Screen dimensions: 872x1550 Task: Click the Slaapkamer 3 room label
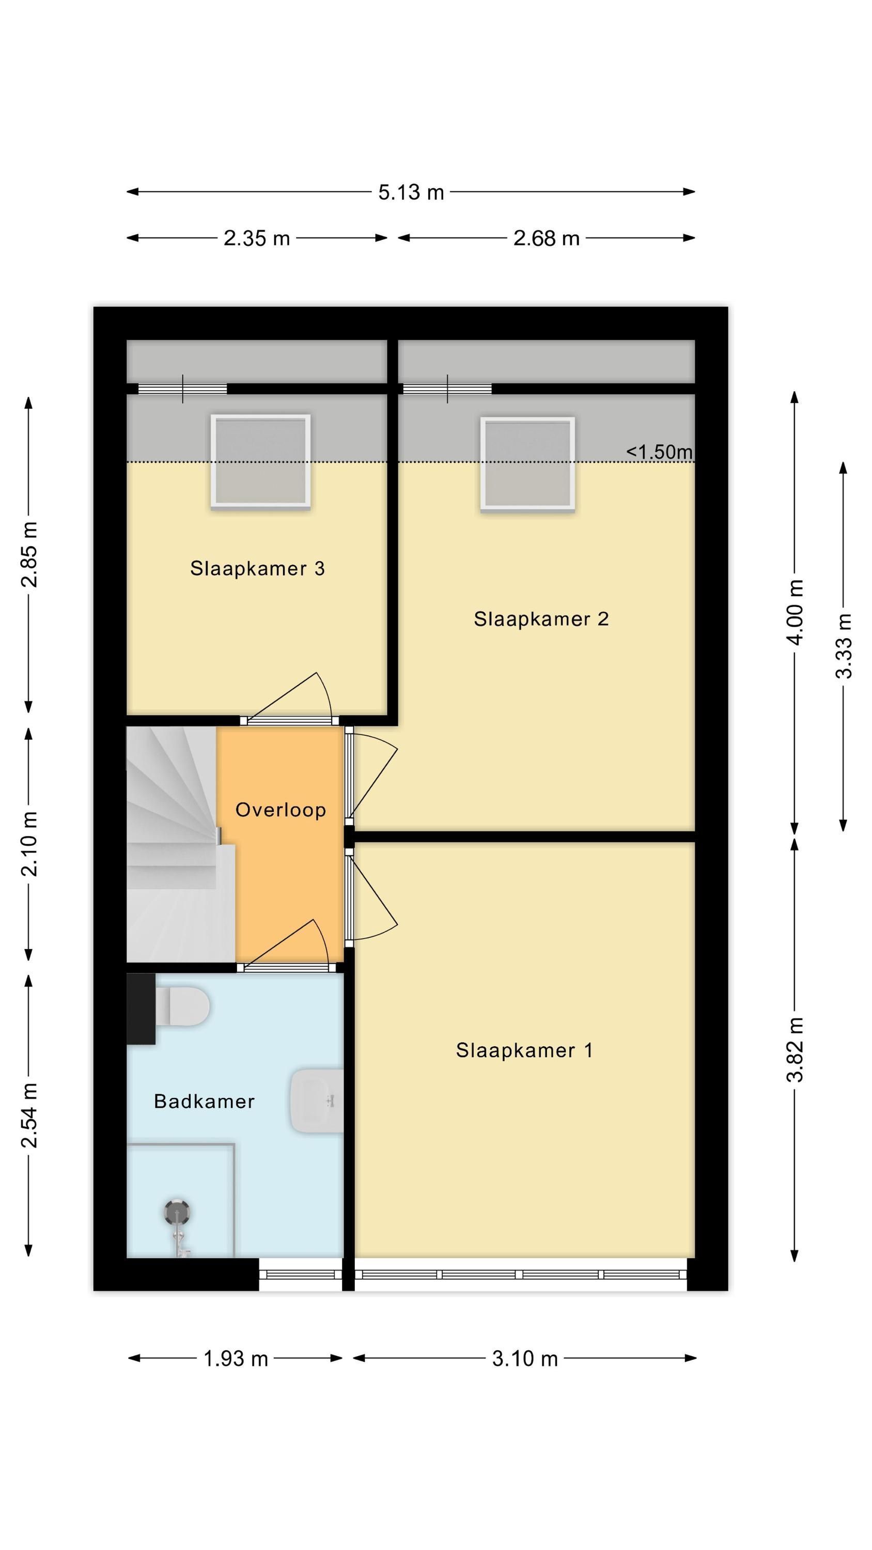258,569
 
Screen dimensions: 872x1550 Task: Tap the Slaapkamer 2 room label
541,619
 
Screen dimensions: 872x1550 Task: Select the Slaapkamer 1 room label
524,1050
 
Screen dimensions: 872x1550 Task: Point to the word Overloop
281,811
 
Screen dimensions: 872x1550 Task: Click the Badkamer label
205,1102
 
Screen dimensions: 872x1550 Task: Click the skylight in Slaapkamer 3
260,461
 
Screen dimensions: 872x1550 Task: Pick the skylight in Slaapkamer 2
527,464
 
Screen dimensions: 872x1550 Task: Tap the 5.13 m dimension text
411,193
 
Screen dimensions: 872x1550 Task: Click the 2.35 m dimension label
257,239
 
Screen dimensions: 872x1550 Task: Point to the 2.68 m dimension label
547,239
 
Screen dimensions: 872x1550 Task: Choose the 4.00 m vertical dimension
795,613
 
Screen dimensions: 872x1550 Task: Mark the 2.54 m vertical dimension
29,1115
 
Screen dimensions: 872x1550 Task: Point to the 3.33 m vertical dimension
844,646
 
